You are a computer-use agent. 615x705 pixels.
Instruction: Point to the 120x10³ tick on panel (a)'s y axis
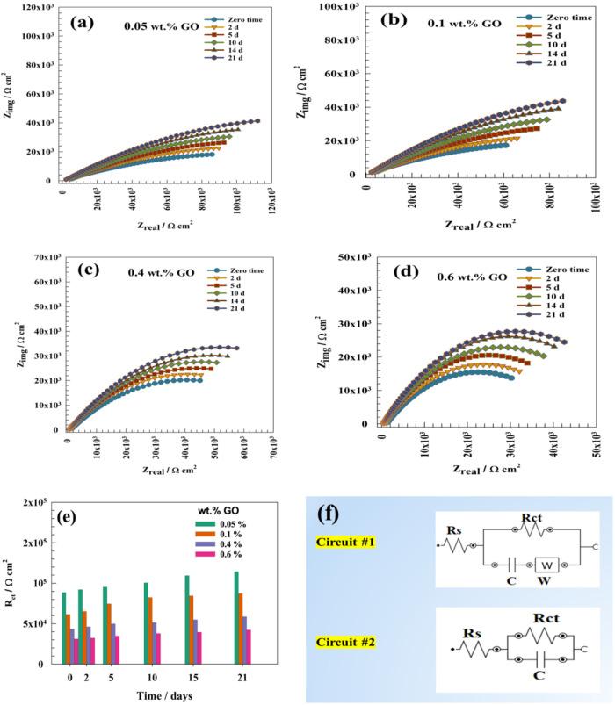click(35, 8)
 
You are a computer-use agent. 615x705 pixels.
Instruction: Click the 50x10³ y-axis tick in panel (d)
click(355, 257)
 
